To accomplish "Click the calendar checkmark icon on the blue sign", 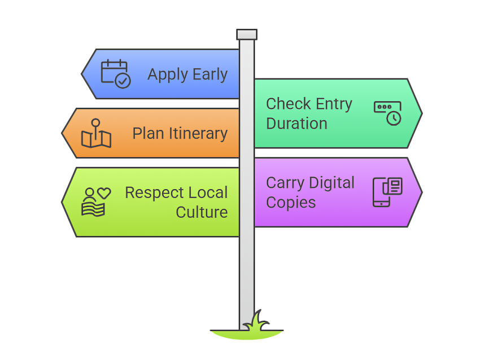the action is [115, 73].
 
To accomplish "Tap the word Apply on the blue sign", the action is [168, 75].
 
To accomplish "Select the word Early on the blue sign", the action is [210, 75].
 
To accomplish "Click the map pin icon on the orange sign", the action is [96, 133].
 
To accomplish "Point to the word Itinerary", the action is [198, 134].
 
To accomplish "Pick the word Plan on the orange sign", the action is [149, 133].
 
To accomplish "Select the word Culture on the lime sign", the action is [202, 212].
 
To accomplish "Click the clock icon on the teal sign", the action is [387, 113].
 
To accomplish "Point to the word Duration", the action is [297, 124].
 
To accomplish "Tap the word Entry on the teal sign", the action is [334, 104].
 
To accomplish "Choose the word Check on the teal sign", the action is [289, 104].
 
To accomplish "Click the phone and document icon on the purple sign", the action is [387, 192].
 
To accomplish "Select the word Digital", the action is [332, 183].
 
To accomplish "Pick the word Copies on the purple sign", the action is [291, 203].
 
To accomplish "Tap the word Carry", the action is [285, 183].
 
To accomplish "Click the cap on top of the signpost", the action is [247, 34].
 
